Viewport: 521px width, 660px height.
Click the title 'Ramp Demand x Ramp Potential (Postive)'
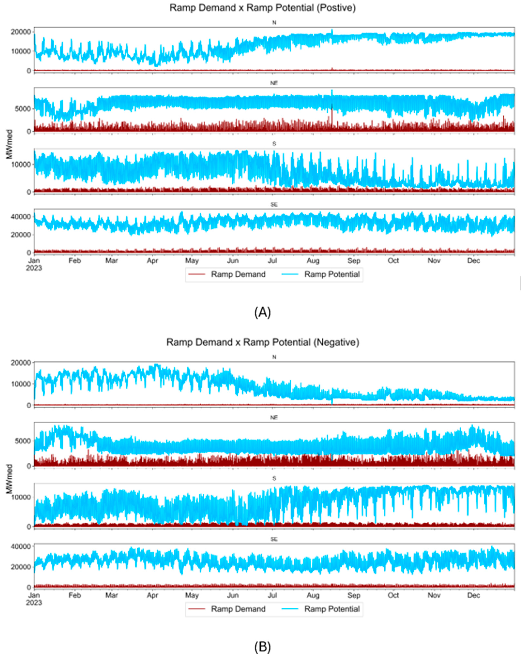pyautogui.click(x=262, y=8)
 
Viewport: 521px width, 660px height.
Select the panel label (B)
pyautogui.click(x=262, y=647)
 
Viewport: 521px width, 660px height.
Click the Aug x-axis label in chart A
pyautogui.click(x=313, y=261)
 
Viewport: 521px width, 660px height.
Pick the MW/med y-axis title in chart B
pyautogui.click(x=9, y=479)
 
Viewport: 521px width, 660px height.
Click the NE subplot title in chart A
pyautogui.click(x=274, y=83)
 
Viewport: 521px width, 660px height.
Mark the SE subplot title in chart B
pyautogui.click(x=274, y=539)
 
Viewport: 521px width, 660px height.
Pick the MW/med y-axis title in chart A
pyautogui.click(x=9, y=144)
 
